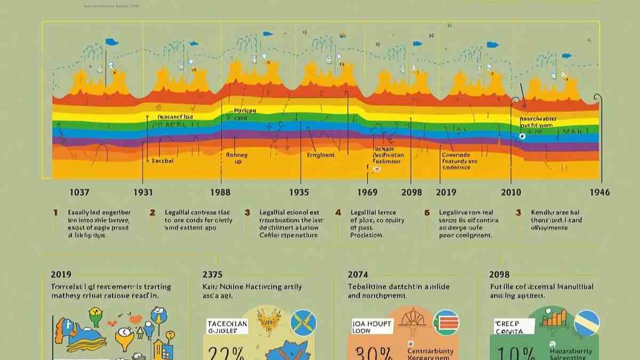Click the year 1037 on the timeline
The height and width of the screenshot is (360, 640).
tap(79, 193)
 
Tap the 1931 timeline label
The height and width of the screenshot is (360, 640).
tap(143, 193)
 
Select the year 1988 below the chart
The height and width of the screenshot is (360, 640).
tap(220, 193)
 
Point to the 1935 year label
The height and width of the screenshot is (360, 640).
tap(299, 193)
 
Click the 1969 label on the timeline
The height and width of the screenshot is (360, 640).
tap(367, 193)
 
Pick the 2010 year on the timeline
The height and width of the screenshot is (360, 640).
tap(511, 193)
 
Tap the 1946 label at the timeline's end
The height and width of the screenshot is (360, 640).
tap(599, 193)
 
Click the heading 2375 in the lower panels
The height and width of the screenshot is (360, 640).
tap(213, 275)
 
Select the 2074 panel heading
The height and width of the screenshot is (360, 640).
tap(358, 275)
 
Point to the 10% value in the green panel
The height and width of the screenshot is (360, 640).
tap(515, 353)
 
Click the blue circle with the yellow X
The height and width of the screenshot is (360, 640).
tap(303, 323)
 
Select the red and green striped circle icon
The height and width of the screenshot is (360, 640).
tap(446, 323)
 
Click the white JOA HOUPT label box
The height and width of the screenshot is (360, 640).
tap(372, 326)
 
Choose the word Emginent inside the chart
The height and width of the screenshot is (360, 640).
tap(321, 155)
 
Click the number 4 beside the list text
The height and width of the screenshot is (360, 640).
tap(338, 212)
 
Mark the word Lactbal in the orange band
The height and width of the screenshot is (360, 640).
tap(163, 160)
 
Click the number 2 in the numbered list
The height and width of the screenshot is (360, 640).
tap(152, 212)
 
